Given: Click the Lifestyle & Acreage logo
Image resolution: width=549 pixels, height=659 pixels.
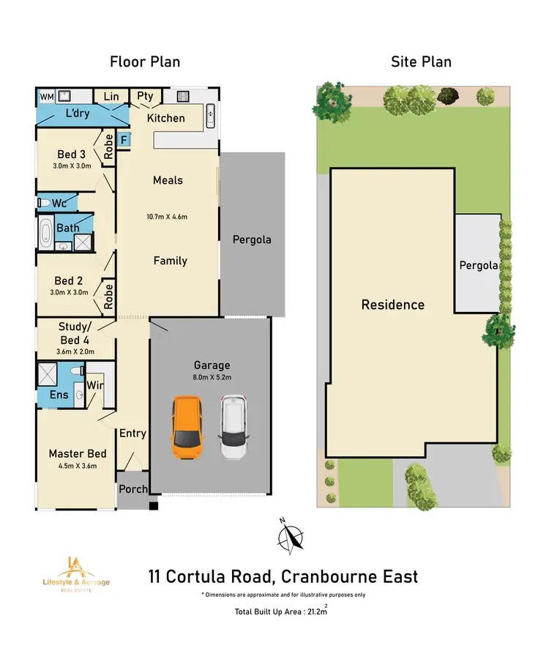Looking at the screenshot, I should pos(76,573).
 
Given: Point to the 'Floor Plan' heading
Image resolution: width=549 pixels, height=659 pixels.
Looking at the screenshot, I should pos(145,62).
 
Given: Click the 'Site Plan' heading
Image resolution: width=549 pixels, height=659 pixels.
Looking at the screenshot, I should pos(421,62).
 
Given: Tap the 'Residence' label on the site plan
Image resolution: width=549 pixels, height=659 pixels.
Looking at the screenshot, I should pos(393,305).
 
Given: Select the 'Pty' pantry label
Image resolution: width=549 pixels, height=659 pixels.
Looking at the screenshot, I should pos(145,97).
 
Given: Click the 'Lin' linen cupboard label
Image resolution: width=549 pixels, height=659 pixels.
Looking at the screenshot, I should pos(111,97).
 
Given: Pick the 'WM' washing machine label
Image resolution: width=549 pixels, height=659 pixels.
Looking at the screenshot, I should pos(47,97).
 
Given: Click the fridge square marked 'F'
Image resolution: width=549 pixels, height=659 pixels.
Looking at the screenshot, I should pos(124,138).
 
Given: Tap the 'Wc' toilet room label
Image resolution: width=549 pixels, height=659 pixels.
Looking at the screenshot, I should pos(59,202).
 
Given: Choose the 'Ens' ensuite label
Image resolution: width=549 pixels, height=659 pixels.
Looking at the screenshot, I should pos(59,395).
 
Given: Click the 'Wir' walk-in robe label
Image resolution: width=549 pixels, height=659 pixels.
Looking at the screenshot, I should pos(95,385).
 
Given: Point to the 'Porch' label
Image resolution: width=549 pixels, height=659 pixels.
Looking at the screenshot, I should pos(132,488).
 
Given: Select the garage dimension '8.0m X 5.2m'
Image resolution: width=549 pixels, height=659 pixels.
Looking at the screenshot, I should pos(212,379).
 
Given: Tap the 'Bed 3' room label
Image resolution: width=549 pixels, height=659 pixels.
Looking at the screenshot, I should pos(71,154).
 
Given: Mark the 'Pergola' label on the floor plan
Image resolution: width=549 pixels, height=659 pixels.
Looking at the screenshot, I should pos(252,239).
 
